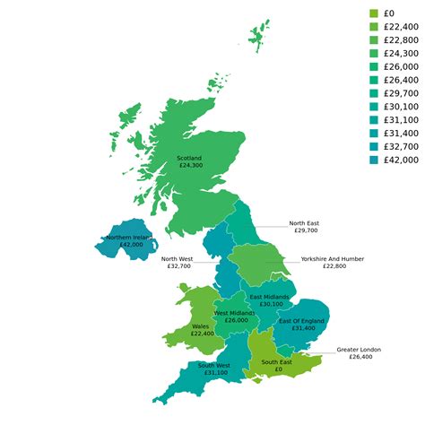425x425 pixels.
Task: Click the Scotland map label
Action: pyautogui.click(x=190, y=158)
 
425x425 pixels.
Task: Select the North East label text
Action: pyautogui.click(x=304, y=223)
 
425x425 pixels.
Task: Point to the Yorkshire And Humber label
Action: pyautogui.click(x=333, y=258)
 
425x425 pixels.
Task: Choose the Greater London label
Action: pyautogui.click(x=359, y=349)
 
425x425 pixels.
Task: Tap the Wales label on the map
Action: pyautogui.click(x=202, y=325)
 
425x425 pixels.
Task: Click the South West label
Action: pyautogui.click(x=214, y=365)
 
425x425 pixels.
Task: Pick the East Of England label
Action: pyautogui.click(x=301, y=320)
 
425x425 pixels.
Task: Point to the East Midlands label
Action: pyautogui.click(x=269, y=297)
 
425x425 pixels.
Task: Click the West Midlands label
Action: pyautogui.click(x=236, y=313)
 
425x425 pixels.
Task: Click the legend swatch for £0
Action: pyautogui.click(x=374, y=13)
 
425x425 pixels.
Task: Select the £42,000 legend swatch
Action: pyautogui.click(x=374, y=160)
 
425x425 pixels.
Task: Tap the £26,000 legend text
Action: pyautogui.click(x=400, y=66)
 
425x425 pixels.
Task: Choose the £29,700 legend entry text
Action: pyautogui.click(x=400, y=93)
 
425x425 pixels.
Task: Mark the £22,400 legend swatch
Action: pyautogui.click(x=374, y=26)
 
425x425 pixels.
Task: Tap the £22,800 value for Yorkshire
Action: pyautogui.click(x=333, y=266)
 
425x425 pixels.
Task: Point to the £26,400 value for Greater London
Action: pyautogui.click(x=359, y=357)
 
